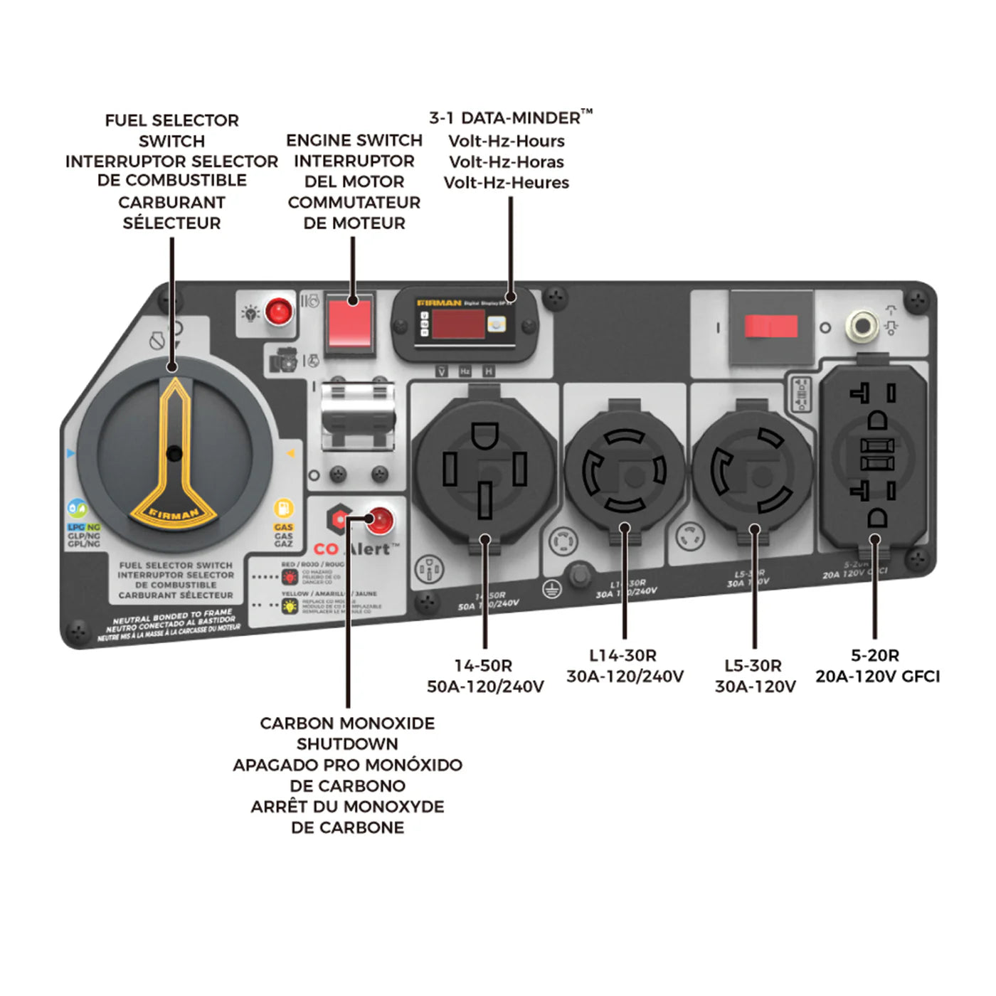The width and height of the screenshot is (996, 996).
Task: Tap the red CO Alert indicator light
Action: (380, 521)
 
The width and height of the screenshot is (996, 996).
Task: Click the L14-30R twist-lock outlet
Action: (624, 470)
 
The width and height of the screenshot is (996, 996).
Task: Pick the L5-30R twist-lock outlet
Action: (752, 470)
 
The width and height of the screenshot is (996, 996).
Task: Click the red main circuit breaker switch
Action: (770, 327)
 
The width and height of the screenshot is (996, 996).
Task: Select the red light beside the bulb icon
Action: (278, 312)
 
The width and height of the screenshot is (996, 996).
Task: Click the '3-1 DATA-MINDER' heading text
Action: (510, 118)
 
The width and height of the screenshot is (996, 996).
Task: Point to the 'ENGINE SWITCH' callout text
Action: (354, 141)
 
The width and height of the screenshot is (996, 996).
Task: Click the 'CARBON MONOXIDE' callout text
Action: (347, 724)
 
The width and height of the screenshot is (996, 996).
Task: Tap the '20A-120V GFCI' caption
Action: (877, 677)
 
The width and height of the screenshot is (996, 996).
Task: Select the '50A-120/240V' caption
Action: (485, 687)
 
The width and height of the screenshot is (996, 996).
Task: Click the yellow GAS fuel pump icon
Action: (283, 509)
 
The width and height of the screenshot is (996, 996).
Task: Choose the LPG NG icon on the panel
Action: (78, 509)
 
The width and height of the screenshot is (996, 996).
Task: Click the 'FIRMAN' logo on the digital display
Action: (439, 302)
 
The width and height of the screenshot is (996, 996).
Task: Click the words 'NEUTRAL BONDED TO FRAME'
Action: (173, 617)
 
